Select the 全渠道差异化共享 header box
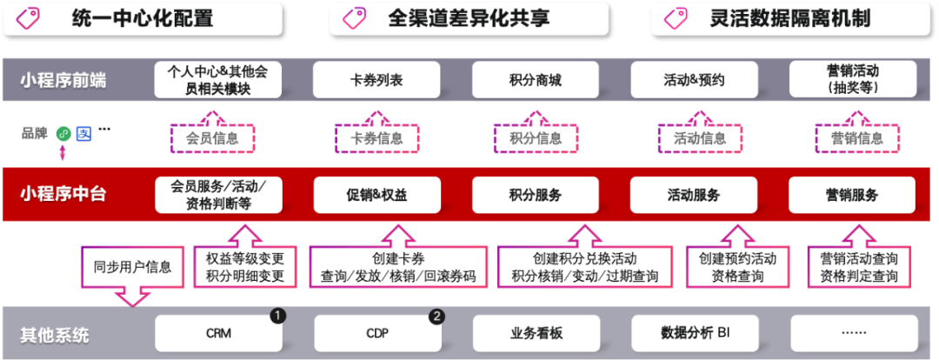[x=469, y=18]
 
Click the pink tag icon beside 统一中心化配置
[x=30, y=18]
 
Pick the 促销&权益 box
[x=376, y=195]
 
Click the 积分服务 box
[x=536, y=195]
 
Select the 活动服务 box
[x=694, y=195]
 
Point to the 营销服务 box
[x=852, y=195]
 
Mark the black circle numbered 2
[x=436, y=316]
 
